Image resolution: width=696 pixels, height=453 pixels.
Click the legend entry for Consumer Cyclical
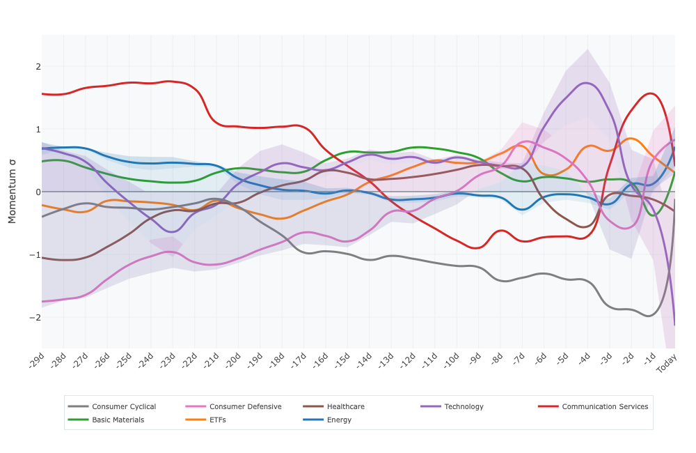(123, 407)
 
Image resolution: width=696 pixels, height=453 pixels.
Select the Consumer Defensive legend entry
(245, 407)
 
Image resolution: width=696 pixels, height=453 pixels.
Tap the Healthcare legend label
(345, 407)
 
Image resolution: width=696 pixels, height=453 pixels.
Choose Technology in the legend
(464, 407)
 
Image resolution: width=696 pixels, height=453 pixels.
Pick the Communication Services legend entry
(604, 407)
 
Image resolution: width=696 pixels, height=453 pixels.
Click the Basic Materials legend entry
(118, 420)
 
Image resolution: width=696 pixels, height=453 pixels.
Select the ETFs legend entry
(217, 420)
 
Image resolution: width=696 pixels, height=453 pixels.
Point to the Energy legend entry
(339, 420)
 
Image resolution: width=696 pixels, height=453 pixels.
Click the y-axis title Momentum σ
(12, 192)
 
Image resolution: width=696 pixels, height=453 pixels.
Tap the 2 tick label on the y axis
(38, 67)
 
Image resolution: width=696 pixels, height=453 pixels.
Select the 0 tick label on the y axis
(38, 192)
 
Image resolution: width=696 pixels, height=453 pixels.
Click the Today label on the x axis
(667, 363)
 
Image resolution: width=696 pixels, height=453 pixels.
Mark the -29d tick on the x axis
(37, 361)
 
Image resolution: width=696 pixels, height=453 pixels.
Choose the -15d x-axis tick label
(342, 361)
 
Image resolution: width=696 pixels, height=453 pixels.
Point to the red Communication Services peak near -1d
(651, 93)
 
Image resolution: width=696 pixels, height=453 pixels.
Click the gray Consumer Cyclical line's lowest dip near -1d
(649, 316)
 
